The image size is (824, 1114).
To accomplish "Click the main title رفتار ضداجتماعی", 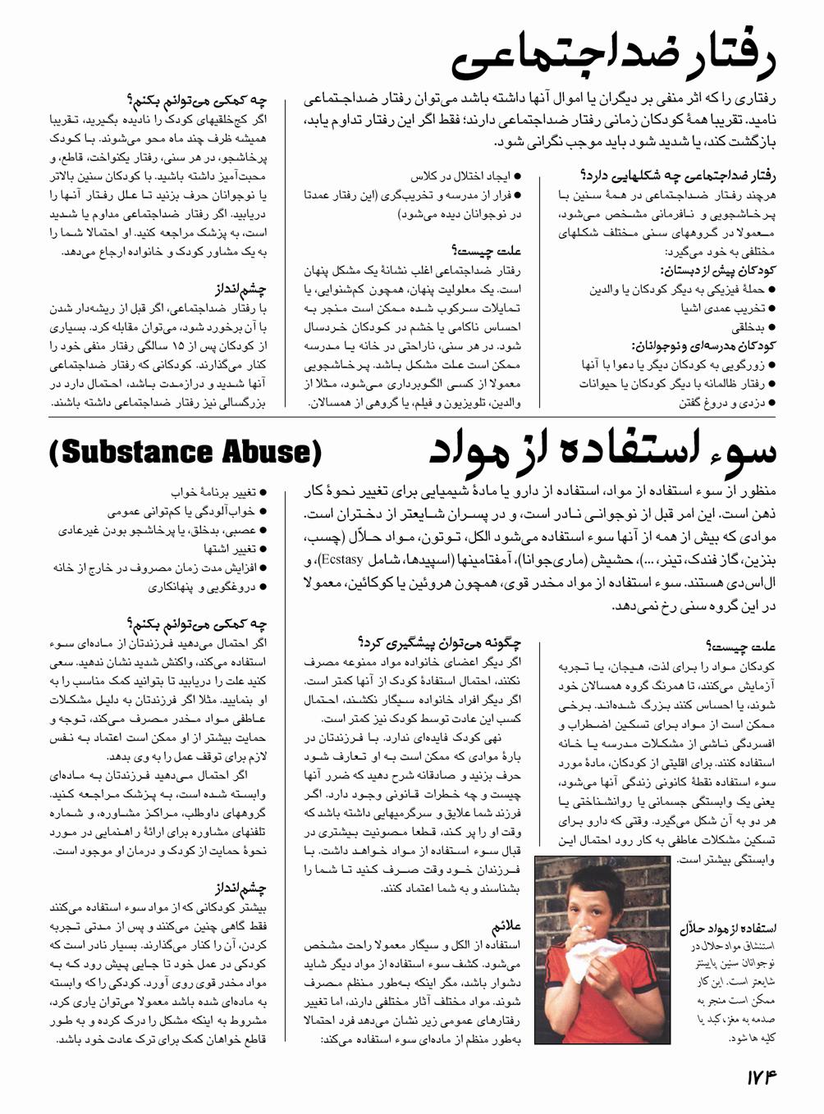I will (613, 57).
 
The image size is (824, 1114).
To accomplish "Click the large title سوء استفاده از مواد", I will (602, 452).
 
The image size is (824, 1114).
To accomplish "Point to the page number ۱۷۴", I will (761, 1077).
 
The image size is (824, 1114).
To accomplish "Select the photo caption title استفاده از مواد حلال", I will (728, 929).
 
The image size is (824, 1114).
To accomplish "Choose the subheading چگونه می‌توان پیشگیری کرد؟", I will (440, 643).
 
